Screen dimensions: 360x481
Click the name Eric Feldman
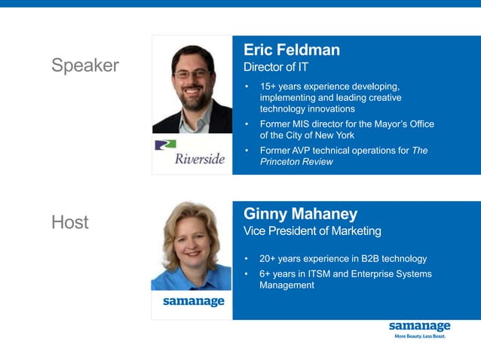click(x=292, y=50)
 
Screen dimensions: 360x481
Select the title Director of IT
click(x=276, y=68)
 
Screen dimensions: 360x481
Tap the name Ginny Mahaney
click(x=300, y=215)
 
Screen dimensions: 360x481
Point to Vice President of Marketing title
click(x=312, y=231)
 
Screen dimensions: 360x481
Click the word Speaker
click(x=85, y=66)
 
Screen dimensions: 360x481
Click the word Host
click(x=70, y=222)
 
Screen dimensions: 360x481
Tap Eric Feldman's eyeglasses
click(x=192, y=74)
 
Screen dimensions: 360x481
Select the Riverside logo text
click(x=200, y=159)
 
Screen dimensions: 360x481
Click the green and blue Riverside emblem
click(x=164, y=145)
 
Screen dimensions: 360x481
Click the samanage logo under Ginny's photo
click(x=194, y=301)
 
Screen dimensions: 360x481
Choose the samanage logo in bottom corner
click(x=419, y=326)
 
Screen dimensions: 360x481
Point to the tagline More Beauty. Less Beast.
click(x=420, y=337)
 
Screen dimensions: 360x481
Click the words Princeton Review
click(x=296, y=162)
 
